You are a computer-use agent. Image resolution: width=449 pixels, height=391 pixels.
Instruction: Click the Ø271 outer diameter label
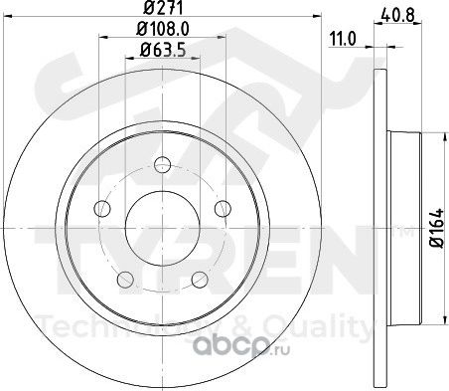coord(163,7)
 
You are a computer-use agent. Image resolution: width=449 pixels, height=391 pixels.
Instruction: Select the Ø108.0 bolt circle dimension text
coord(163,29)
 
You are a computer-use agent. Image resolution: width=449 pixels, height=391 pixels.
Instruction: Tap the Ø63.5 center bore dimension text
coord(163,51)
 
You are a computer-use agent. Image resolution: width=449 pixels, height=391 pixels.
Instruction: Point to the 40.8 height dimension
coord(397,15)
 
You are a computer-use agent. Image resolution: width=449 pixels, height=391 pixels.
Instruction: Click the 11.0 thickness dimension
coord(343,39)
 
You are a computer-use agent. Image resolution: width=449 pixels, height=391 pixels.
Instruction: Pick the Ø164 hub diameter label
coord(436,228)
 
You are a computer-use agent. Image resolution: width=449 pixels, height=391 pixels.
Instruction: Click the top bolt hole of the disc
coord(163,164)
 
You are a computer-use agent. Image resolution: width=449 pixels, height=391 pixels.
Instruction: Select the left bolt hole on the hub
coord(102,208)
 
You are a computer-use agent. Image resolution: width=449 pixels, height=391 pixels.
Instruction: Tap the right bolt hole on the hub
coord(223,208)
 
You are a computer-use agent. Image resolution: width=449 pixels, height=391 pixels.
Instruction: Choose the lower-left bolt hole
coord(125,280)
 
